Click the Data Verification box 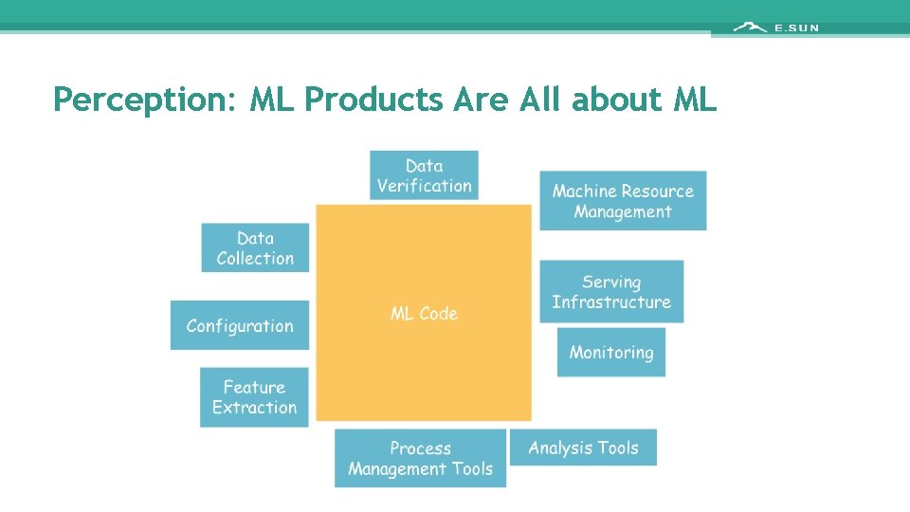(424, 175)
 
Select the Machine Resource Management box (623, 201)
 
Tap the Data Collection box (255, 247)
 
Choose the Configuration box (240, 325)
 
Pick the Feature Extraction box (254, 397)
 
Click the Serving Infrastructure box (611, 292)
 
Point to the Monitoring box (611, 353)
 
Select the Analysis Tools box (583, 448)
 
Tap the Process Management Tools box (420, 458)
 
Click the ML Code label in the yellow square (424, 314)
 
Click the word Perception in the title (141, 99)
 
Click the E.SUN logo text (796, 28)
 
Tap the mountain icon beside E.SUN (750, 27)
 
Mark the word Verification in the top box (424, 186)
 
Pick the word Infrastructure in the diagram (611, 302)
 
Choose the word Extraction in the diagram (254, 408)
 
